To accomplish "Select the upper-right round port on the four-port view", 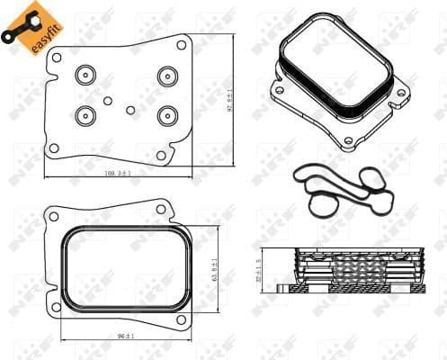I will [166, 76].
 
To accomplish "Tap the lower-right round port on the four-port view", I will [166, 115].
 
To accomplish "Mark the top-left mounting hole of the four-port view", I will [57, 58].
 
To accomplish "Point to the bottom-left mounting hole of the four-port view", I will [54, 148].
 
